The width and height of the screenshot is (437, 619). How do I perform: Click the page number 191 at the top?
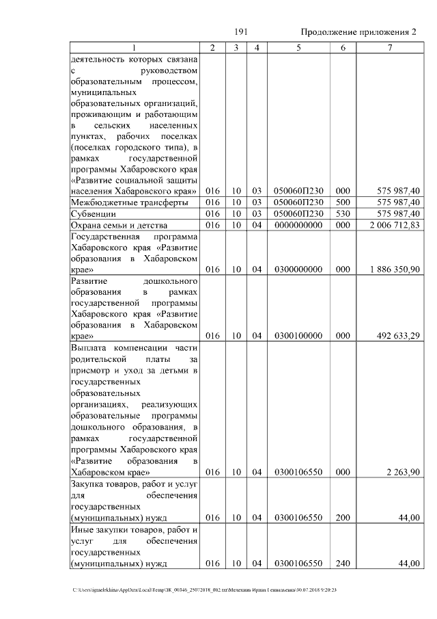(x=240, y=32)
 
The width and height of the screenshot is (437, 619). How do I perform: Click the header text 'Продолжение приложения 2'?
(x=358, y=33)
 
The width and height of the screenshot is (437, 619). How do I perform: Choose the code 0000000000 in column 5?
(x=298, y=225)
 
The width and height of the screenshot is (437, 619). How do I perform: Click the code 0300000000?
(x=298, y=270)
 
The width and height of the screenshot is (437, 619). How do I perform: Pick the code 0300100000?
(x=298, y=335)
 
